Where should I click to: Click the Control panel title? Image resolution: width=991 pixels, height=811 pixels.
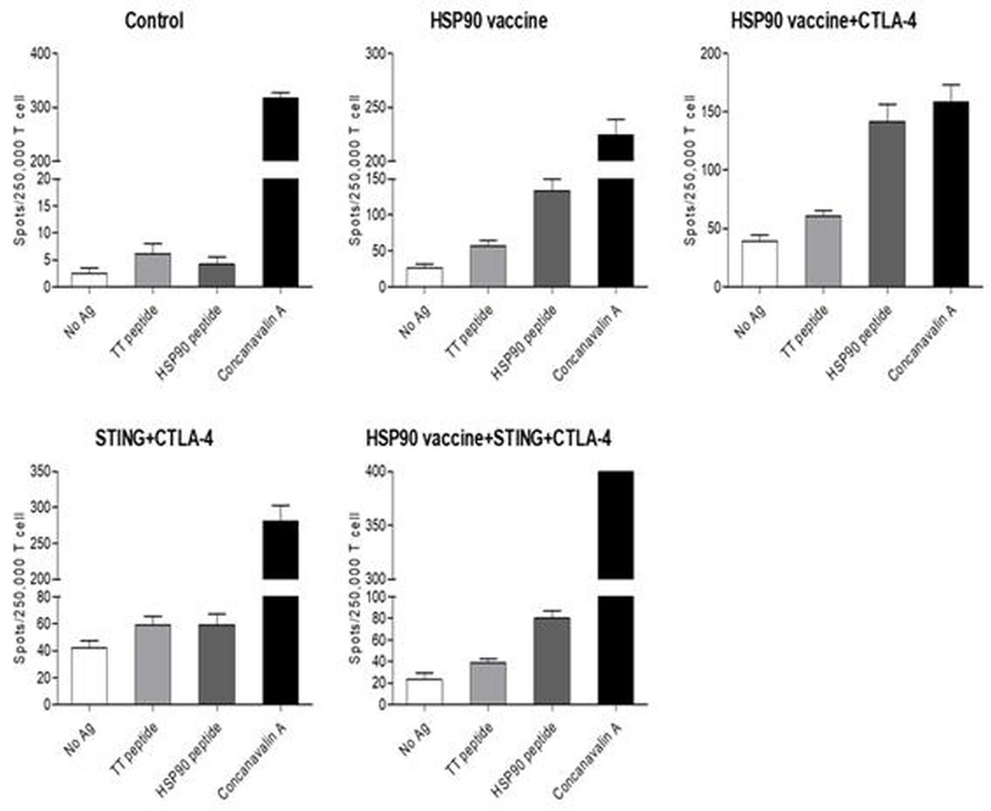(x=154, y=21)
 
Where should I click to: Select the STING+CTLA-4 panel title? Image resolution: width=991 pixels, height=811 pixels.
(x=154, y=439)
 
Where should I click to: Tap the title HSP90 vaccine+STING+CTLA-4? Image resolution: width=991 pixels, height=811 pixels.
(x=489, y=439)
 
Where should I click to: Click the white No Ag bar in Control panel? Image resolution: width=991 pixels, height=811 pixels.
(x=89, y=280)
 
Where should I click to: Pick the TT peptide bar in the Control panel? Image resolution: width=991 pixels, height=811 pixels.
(x=153, y=270)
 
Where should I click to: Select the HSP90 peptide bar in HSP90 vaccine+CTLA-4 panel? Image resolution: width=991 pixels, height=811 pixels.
(x=887, y=204)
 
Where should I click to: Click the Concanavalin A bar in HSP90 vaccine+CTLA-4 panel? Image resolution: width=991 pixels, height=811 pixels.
(x=951, y=194)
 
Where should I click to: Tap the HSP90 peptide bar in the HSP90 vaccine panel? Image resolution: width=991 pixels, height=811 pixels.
(x=552, y=239)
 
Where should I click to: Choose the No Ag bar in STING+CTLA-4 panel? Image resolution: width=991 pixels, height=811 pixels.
(x=89, y=676)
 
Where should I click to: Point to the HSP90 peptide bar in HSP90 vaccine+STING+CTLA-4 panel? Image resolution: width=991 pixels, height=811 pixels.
(x=552, y=661)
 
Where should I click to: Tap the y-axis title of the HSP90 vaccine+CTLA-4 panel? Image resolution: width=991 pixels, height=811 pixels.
(x=690, y=170)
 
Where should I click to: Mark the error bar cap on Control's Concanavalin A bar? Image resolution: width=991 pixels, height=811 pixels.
(x=280, y=93)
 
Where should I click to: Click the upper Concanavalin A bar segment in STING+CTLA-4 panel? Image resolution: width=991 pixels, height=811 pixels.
(x=280, y=550)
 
